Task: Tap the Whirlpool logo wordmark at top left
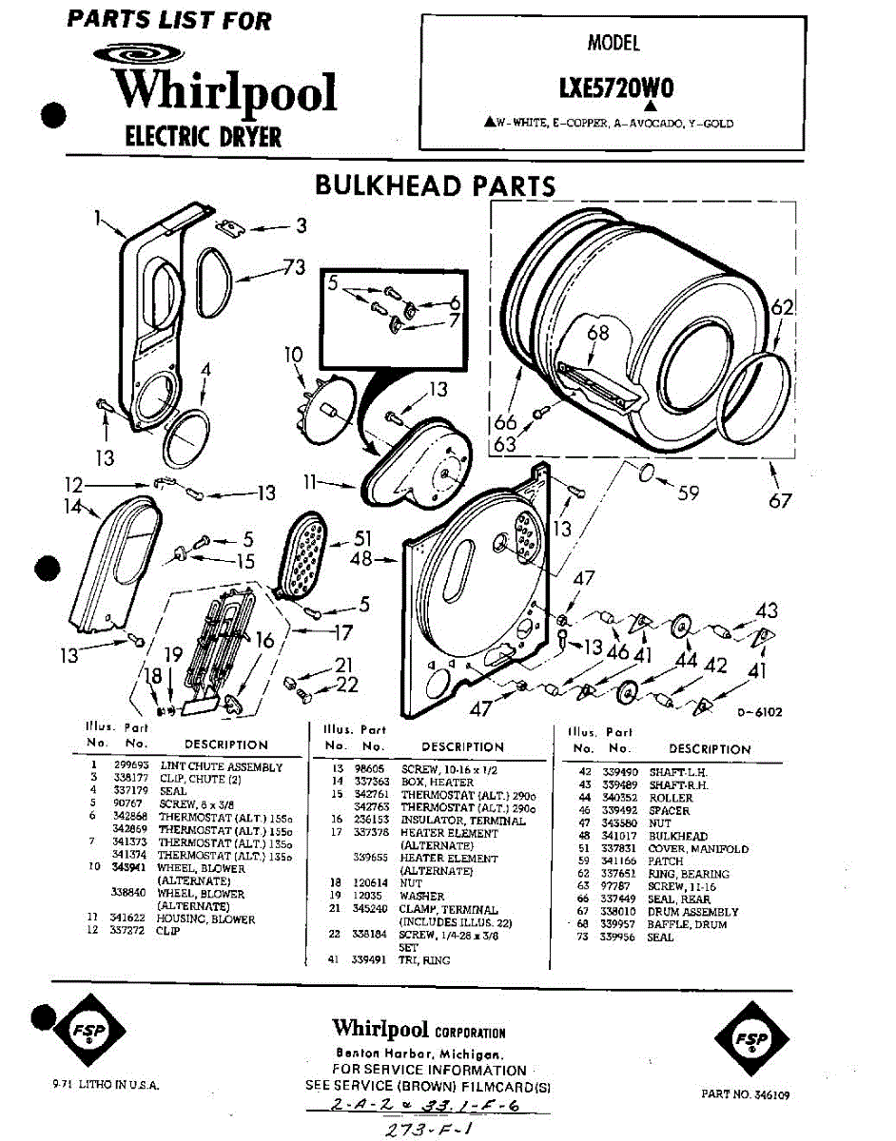pos(225,90)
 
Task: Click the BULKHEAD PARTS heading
pos(435,184)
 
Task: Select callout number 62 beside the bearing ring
pos(782,307)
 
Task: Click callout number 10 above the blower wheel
pos(293,356)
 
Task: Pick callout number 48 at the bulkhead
pos(362,559)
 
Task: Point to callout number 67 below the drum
pos(780,499)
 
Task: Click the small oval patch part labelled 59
pos(645,473)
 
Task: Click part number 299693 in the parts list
pos(127,766)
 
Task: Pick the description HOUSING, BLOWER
pos(205,919)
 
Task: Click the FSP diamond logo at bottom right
pos(752,1039)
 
